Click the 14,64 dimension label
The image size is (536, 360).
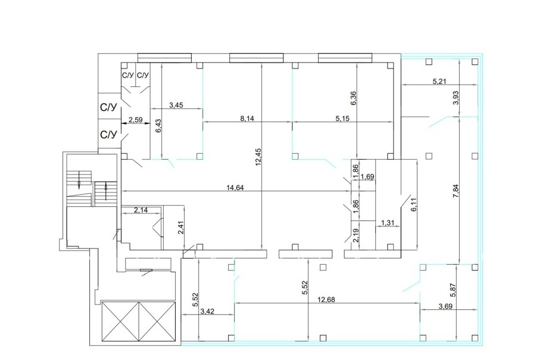235,187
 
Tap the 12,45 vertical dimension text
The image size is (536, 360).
258,157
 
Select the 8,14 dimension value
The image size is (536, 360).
247,119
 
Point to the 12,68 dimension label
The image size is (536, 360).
326,300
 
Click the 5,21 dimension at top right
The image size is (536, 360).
440,82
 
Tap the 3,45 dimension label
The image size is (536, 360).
176,105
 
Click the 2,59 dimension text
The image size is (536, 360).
135,120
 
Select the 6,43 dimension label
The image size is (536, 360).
158,126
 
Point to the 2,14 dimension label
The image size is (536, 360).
141,210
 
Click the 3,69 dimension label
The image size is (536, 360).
445,306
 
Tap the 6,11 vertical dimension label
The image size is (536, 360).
414,204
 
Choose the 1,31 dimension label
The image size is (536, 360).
388,223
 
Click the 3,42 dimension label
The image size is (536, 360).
207,311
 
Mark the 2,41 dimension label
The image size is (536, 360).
181,228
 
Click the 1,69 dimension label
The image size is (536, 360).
368,176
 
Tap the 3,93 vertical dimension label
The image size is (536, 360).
456,98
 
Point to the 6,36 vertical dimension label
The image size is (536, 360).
353,98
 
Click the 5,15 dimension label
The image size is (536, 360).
342,119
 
